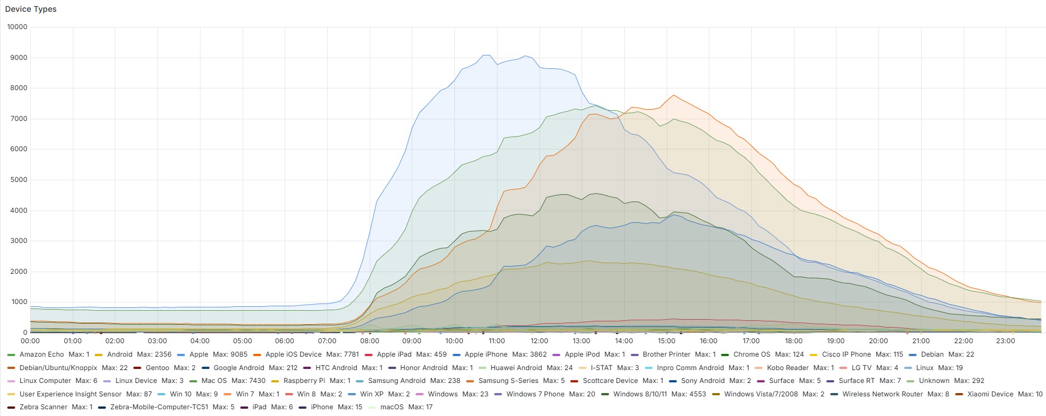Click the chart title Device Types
31,9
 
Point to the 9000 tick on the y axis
17,58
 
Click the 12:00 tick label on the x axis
539,341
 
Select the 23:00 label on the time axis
1005,341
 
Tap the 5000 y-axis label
17,180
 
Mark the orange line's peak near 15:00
673,95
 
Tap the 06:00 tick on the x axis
285,341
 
